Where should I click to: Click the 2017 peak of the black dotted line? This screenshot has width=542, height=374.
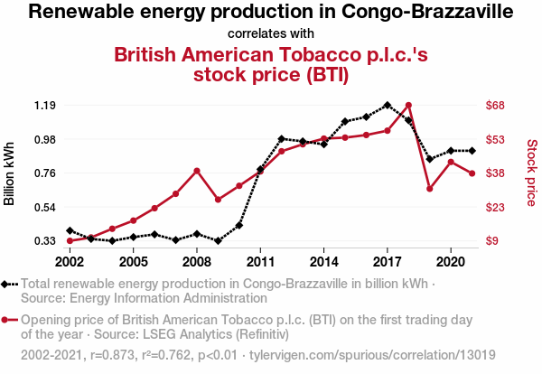pyautogui.click(x=388, y=105)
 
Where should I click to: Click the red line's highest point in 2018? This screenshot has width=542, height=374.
pyautogui.click(x=408, y=106)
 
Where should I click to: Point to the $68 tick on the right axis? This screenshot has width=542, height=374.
pyautogui.click(x=496, y=105)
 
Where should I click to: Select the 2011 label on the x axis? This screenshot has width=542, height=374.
pyautogui.click(x=260, y=261)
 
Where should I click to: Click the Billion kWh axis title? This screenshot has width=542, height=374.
pyautogui.click(x=10, y=173)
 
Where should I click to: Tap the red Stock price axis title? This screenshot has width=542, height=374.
pyautogui.click(x=531, y=172)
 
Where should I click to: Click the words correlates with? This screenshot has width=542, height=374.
pyautogui.click(x=271, y=33)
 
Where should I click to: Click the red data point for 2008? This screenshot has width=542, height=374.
pyautogui.click(x=197, y=171)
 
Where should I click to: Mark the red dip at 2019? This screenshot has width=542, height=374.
pyautogui.click(x=430, y=188)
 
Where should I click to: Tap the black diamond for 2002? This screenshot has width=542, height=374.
pyautogui.click(x=70, y=231)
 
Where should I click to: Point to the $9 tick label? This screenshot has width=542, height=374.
pyautogui.click(x=493, y=241)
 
